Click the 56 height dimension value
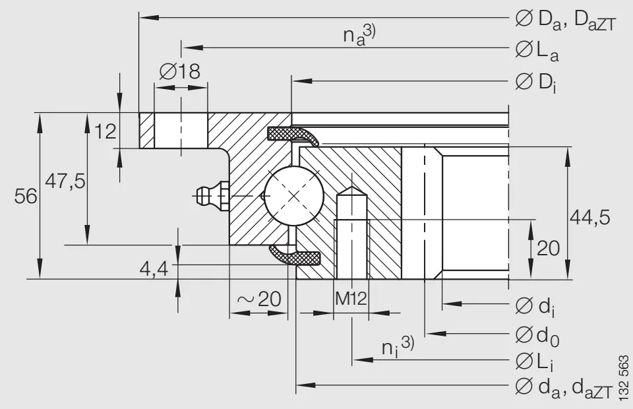click(24, 197)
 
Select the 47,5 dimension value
click(65, 181)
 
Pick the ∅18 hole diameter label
click(179, 71)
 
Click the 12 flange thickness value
click(104, 131)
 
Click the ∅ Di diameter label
click(535, 83)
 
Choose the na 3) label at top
click(359, 35)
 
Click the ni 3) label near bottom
click(398, 346)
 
